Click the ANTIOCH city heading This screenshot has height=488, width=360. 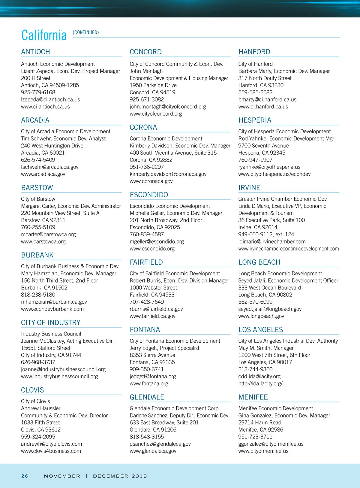(35, 52)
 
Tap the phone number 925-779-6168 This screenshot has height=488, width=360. (38, 92)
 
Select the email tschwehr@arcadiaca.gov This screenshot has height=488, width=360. (49, 167)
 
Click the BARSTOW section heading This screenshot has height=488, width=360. (37, 188)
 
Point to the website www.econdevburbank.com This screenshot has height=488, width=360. (52, 309)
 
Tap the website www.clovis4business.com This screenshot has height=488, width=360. (51, 451)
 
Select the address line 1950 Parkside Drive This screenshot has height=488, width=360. (153, 85)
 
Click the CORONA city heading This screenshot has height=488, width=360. (143, 127)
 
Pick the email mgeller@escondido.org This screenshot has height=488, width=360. (157, 241)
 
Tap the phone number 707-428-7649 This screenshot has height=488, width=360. (147, 302)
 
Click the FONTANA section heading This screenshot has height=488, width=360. (145, 330)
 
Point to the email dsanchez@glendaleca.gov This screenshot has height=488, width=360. (160, 444)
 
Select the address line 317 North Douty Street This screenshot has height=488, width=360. (265, 78)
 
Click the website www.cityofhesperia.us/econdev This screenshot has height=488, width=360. (274, 174)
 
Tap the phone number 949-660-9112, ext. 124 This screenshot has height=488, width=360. (266, 235)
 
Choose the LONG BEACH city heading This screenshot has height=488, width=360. (259, 262)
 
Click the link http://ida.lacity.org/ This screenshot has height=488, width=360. (260, 383)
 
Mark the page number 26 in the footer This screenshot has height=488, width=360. (25, 476)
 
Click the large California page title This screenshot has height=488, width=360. (44, 35)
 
